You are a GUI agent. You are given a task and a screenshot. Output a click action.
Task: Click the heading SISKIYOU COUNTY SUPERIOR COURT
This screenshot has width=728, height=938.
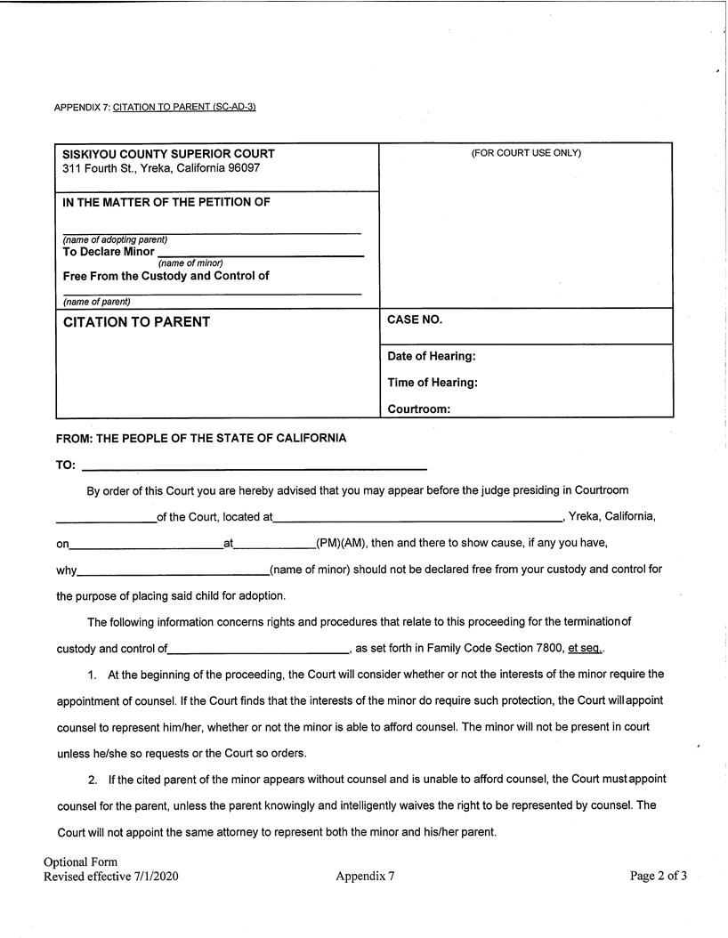[168, 154]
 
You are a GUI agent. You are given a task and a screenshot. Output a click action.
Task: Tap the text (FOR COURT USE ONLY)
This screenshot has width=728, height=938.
[526, 153]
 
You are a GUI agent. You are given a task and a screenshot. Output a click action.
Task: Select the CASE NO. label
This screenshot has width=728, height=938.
[415, 319]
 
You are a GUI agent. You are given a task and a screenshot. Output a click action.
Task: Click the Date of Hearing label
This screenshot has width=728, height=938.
[432, 357]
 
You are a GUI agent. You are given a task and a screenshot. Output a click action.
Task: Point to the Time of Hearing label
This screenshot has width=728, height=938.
[433, 383]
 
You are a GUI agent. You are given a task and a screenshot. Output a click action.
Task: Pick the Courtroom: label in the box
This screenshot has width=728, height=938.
[418, 410]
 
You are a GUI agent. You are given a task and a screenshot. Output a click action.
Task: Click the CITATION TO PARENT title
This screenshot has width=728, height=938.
[136, 322]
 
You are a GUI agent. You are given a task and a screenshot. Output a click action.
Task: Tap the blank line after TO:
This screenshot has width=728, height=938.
[254, 467]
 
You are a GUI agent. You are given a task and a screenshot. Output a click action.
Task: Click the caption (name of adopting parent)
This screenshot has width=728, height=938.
[115, 240]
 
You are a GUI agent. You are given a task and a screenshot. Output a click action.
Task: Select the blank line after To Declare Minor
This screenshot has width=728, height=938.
[260, 255]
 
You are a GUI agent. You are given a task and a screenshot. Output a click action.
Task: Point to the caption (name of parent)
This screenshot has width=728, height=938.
[96, 302]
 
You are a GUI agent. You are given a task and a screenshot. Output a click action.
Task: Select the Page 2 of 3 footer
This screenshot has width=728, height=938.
[658, 876]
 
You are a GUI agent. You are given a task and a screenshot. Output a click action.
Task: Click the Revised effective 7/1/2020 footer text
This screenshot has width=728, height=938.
[111, 877]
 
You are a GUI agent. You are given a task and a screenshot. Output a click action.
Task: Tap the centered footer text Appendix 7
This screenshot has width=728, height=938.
[365, 877]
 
